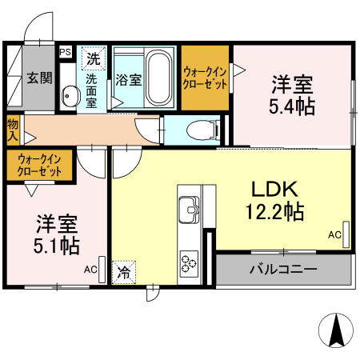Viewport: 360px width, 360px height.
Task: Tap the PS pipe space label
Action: click(66, 52)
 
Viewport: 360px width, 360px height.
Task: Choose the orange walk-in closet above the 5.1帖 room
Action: click(40, 165)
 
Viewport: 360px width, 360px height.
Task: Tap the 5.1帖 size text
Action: click(56, 246)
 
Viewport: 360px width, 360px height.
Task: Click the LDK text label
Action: click(274, 190)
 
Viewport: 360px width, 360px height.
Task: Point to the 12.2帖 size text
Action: click(274, 213)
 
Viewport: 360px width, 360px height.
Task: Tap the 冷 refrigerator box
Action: click(124, 272)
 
